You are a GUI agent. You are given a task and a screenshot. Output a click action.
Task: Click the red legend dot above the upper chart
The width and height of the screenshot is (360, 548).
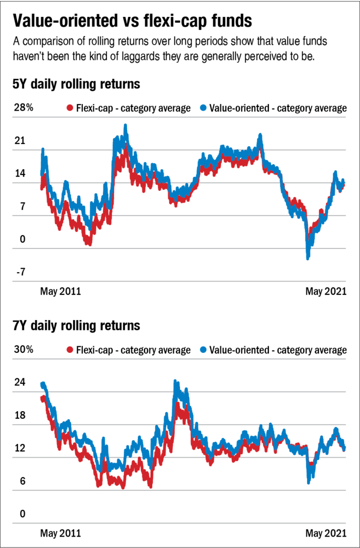tap(70, 107)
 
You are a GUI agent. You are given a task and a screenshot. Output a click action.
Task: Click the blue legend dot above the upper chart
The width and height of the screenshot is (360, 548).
tap(203, 107)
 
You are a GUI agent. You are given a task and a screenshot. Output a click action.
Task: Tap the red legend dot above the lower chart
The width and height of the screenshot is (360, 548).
tap(70, 350)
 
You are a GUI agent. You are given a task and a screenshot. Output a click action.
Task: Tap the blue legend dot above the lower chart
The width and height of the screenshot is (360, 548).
tap(203, 350)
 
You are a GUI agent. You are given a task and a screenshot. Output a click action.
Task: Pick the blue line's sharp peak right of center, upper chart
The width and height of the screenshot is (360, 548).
tap(260, 135)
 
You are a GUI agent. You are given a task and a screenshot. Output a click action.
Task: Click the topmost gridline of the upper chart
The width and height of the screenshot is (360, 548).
tap(179, 117)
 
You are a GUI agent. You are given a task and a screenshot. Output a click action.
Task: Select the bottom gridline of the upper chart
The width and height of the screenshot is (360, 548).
tap(179, 281)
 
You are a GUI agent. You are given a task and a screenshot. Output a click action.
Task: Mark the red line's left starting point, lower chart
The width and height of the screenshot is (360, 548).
tap(42, 399)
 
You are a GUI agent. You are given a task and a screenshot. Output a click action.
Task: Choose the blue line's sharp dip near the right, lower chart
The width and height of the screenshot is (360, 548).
tap(309, 481)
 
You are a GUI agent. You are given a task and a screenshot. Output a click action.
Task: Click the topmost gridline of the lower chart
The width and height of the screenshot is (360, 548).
tap(179, 359)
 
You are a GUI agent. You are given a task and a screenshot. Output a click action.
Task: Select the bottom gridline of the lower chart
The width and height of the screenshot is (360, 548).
tap(179, 523)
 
